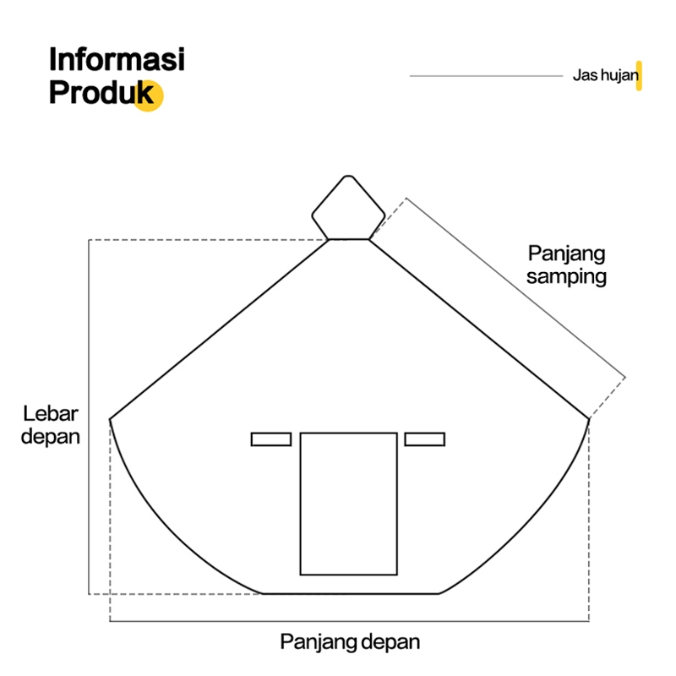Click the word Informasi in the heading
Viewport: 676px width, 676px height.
tap(117, 62)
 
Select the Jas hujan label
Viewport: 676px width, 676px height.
tap(604, 76)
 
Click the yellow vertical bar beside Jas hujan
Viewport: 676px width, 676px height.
tap(640, 75)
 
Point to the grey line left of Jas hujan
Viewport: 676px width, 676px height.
tap(486, 76)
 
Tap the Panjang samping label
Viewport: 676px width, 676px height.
tap(567, 264)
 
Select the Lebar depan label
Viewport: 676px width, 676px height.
tap(51, 425)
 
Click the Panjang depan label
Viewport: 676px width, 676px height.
tap(350, 641)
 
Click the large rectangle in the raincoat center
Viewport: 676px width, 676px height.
tap(348, 504)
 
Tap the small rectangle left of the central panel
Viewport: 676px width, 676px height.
tap(271, 439)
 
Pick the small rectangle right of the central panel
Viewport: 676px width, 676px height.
tap(424, 439)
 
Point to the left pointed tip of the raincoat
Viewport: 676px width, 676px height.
tap(111, 418)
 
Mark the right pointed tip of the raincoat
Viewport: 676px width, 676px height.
tap(588, 418)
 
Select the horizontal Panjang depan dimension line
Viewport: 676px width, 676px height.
tap(350, 622)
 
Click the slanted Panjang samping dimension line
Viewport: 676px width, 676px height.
tap(515, 287)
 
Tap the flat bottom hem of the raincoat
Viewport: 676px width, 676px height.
tap(351, 593)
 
